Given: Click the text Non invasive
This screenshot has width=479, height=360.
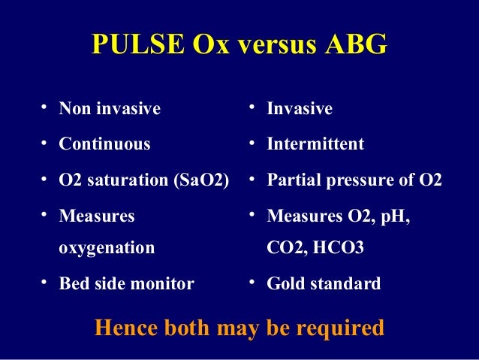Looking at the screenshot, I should pos(110,109).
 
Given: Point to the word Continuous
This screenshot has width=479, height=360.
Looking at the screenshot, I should pos(104,144).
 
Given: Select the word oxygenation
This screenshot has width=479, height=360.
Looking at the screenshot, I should pos(107,247).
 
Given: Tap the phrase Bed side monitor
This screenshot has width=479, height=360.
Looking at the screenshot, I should pos(126,284).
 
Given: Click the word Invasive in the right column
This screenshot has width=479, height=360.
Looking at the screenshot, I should pos(300,109).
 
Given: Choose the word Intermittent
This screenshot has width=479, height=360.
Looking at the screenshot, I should pos(315,144).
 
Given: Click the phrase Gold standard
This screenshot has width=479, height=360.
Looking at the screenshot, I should pos(324,284).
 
